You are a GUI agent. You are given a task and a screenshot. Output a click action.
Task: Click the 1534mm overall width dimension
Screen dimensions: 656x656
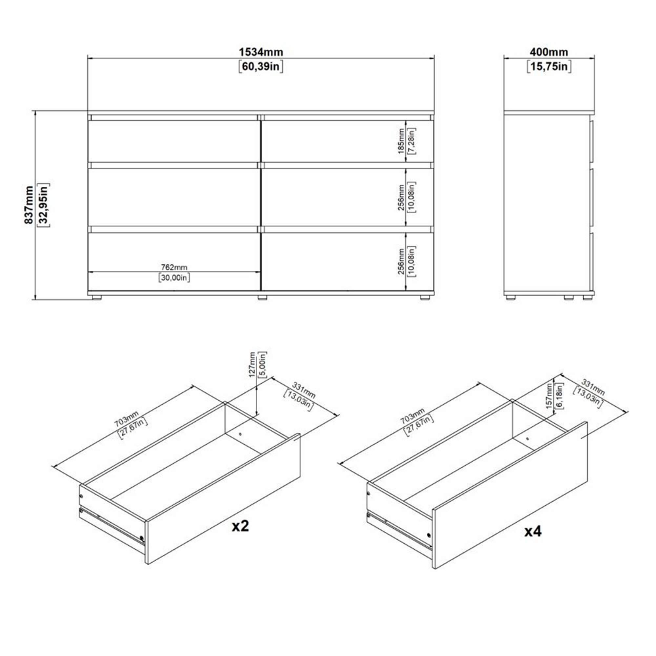(x=260, y=52)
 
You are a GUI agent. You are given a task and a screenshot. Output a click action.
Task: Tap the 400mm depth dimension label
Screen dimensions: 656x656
(x=549, y=52)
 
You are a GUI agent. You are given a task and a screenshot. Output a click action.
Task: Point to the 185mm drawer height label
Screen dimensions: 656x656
(x=401, y=142)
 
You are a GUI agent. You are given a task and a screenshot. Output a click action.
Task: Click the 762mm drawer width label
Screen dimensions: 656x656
(x=174, y=267)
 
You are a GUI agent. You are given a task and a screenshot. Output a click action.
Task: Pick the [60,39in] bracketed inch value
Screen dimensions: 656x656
(x=260, y=66)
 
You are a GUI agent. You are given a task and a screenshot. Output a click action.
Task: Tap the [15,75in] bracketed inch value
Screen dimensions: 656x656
(x=549, y=66)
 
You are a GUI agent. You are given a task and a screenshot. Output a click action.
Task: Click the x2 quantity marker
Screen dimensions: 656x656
(x=241, y=526)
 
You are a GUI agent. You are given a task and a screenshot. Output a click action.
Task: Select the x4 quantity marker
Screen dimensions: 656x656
(x=533, y=531)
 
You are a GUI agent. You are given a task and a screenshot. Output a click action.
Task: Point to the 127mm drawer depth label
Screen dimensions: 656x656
(x=253, y=364)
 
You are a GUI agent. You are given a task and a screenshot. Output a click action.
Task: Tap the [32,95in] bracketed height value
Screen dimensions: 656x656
(x=43, y=205)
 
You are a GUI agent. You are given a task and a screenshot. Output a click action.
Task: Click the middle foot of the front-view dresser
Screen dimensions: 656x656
(x=262, y=298)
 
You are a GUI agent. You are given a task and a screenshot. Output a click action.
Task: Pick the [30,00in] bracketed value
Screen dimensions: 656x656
(x=174, y=277)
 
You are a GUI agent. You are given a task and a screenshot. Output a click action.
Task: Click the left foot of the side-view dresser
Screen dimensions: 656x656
(x=510, y=297)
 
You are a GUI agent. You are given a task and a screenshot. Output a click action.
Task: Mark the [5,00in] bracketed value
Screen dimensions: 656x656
(x=263, y=364)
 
